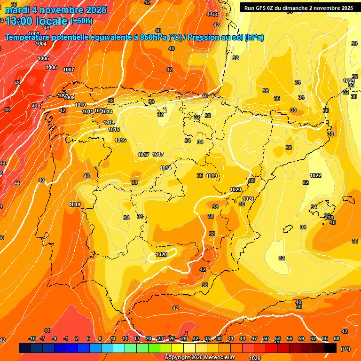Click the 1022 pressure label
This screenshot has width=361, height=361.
(x=315, y=175)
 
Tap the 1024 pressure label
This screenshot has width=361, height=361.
(x=248, y=199)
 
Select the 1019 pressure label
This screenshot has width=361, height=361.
(x=212, y=176)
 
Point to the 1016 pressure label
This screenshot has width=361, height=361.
(x=120, y=140)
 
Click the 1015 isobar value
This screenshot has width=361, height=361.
(x=114, y=129)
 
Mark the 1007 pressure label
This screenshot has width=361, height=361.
(x=69, y=70)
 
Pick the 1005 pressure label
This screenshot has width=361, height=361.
(x=43, y=58)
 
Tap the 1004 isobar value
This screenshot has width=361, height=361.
(x=41, y=44)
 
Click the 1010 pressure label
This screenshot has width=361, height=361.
(x=80, y=105)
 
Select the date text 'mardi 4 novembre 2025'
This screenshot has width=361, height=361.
(x=55, y=10)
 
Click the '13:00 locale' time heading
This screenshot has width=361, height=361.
(x=37, y=21)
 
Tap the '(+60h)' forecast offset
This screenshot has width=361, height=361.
(x=81, y=21)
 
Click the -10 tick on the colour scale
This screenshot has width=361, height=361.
(x=32, y=338)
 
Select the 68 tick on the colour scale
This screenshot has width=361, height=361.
(x=337, y=338)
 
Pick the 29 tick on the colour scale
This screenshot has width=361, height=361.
(x=184, y=338)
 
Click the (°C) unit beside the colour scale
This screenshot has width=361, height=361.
(x=345, y=349)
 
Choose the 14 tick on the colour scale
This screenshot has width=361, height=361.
(x=125, y=338)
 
